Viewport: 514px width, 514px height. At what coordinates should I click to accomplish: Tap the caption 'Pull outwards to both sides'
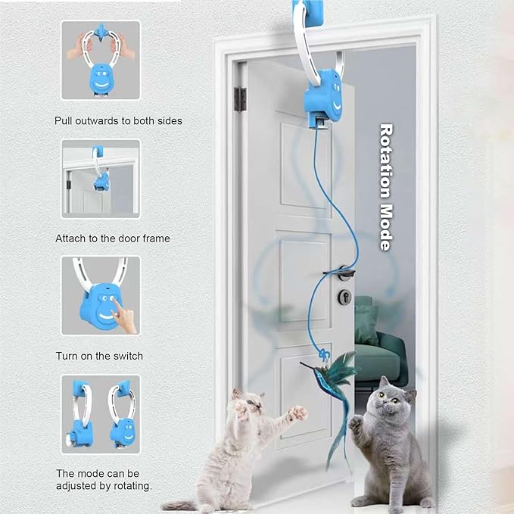(118, 120)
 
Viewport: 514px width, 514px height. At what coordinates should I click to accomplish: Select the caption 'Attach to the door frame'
(112, 238)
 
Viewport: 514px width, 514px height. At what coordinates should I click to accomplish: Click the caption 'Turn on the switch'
(98, 355)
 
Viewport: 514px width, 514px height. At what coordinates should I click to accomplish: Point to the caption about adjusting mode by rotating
(103, 479)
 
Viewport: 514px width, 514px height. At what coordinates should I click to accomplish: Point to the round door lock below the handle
(344, 297)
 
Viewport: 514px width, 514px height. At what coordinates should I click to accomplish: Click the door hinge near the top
(241, 98)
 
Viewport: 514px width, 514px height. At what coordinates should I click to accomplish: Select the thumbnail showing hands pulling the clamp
(101, 61)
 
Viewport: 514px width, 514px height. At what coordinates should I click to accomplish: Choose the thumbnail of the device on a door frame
(101, 177)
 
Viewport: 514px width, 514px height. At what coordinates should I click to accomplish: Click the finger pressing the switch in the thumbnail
(121, 315)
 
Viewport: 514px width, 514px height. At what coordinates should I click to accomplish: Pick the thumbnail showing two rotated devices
(101, 413)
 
